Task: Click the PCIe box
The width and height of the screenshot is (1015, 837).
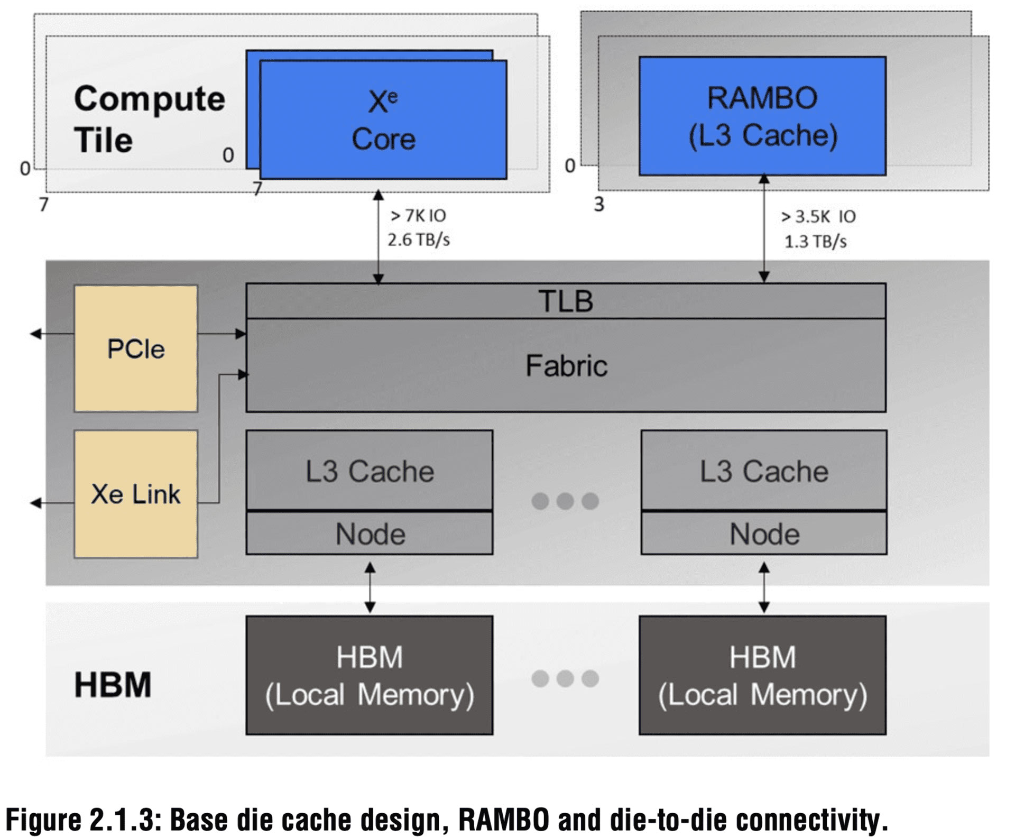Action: point(136,348)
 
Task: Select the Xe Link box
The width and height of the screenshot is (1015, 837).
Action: point(136,494)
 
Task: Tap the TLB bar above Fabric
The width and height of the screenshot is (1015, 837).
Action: point(566,301)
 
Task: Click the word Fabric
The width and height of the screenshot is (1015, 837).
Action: point(566,366)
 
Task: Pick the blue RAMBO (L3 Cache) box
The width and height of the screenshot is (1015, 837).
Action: point(762,116)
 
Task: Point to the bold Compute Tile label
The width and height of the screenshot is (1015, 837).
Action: point(150,119)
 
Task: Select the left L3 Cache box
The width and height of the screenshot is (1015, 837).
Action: point(370,471)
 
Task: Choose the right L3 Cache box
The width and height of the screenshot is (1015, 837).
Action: point(764,471)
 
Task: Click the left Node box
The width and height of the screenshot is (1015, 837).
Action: point(370,534)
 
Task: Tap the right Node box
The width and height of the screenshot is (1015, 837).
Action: point(764,534)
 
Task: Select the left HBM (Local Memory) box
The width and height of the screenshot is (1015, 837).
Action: point(370,675)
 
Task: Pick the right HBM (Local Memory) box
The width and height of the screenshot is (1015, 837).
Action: point(762,675)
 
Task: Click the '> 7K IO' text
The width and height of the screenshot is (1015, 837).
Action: point(418,216)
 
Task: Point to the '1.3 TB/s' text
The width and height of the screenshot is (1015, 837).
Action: point(815,242)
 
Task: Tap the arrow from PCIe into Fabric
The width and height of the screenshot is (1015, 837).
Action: point(222,334)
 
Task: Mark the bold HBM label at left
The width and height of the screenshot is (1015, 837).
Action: point(113,685)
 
